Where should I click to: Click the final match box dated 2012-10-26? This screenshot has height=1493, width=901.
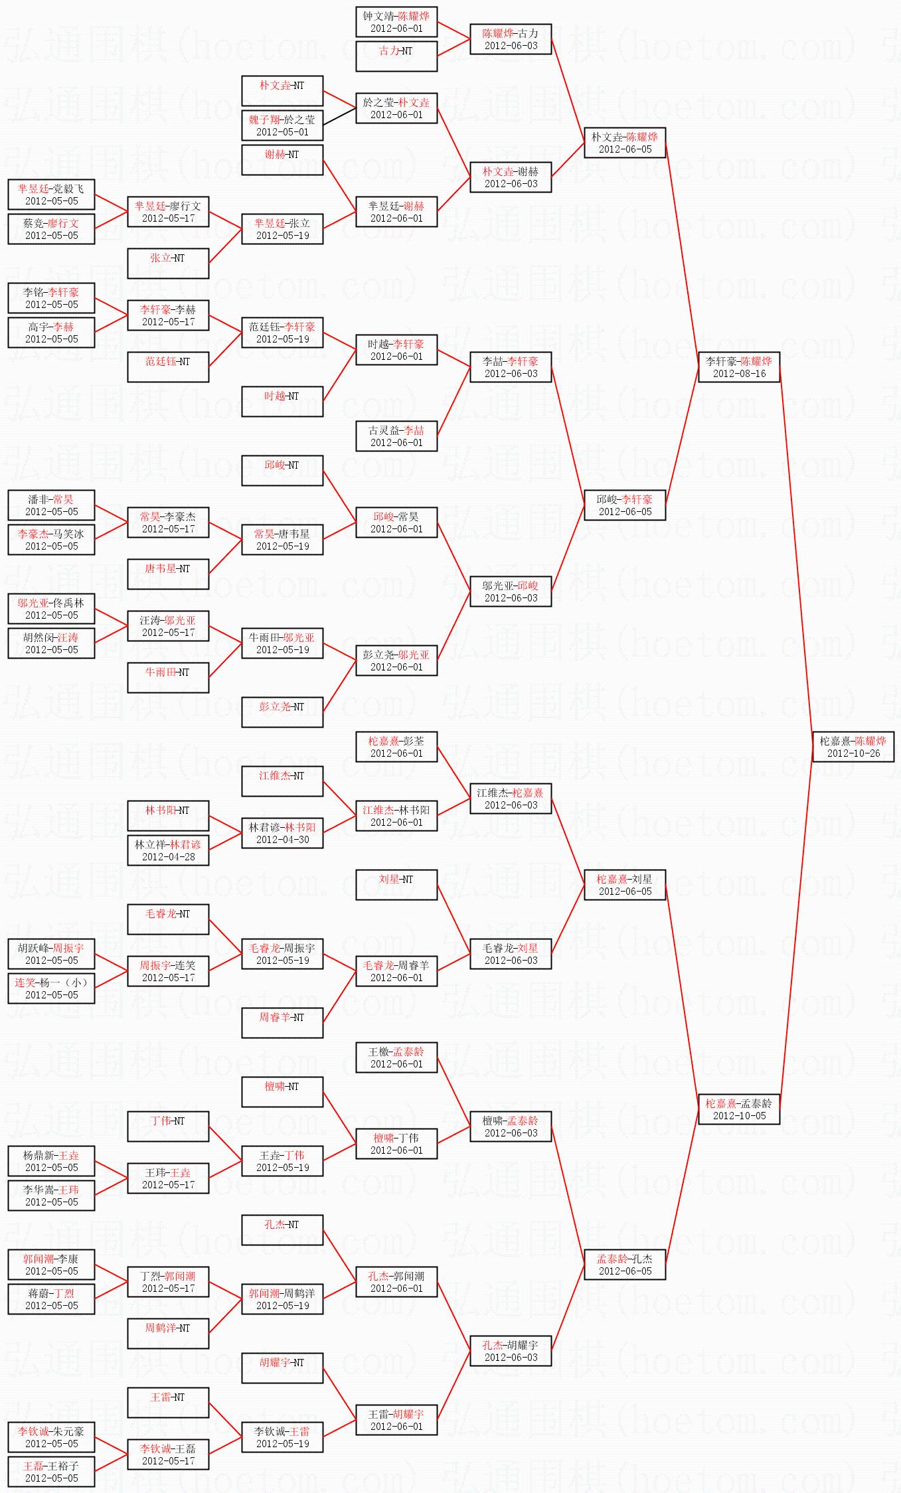click(853, 747)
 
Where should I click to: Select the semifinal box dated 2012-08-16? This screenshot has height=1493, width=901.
click(739, 367)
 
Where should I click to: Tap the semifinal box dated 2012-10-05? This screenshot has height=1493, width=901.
click(739, 1109)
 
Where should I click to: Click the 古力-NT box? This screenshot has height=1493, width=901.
click(396, 56)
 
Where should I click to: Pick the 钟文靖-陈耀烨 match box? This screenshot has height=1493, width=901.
click(396, 22)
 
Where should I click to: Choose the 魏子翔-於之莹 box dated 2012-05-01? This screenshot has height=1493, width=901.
click(282, 125)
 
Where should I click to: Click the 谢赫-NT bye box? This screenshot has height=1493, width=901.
click(282, 160)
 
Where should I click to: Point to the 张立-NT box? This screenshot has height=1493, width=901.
click(168, 264)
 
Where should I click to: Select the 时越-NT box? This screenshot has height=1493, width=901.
click(282, 402)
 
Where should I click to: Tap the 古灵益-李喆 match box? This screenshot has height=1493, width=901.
click(396, 436)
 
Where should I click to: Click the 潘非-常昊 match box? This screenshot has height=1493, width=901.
click(51, 505)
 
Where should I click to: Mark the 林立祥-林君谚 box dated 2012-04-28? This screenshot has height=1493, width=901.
click(168, 850)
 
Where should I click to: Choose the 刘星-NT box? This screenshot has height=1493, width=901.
click(396, 885)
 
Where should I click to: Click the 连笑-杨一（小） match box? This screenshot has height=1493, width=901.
click(51, 988)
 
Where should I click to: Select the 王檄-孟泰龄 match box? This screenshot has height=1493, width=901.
click(396, 1058)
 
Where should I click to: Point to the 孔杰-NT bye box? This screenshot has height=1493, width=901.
click(282, 1230)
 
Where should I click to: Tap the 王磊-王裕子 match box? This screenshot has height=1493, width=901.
click(51, 1472)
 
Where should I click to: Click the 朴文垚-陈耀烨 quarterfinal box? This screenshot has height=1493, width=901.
click(625, 143)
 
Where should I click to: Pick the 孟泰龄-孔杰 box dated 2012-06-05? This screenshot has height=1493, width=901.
click(625, 1265)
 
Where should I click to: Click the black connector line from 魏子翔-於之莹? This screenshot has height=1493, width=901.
click(339, 117)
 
